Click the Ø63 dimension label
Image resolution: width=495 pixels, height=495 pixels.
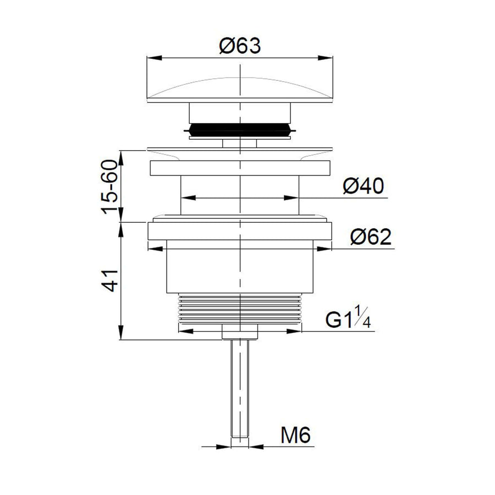(240, 46)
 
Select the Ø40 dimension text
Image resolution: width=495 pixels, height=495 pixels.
(364, 186)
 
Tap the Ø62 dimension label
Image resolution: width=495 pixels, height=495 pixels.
(371, 237)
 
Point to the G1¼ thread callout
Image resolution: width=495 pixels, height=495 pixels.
(348, 317)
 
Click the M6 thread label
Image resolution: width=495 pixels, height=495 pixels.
(295, 435)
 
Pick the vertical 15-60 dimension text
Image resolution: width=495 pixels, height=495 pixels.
(109, 187)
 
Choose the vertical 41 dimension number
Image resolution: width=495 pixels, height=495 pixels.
(109, 280)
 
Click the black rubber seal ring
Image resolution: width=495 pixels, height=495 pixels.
(240, 130)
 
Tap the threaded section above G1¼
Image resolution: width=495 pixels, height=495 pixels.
(240, 309)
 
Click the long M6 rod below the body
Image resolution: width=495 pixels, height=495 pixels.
(240, 389)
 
